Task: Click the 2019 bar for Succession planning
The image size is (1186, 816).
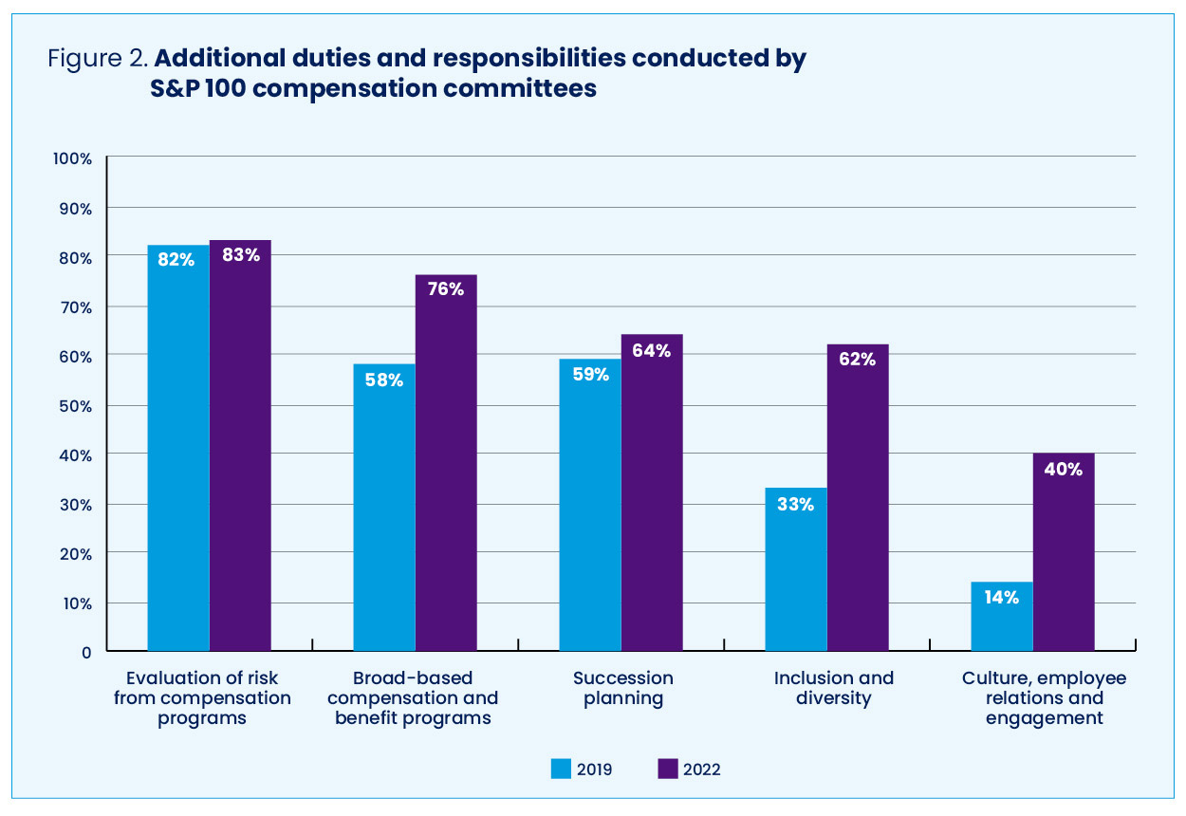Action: tap(589, 505)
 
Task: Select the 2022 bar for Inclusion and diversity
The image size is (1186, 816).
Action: tap(858, 497)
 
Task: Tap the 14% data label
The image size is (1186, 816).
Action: tap(1001, 598)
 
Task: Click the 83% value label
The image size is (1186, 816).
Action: tap(241, 254)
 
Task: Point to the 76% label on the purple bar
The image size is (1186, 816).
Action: tap(446, 289)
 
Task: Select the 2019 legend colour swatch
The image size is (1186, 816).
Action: tap(562, 769)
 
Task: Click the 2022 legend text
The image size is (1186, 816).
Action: tap(701, 770)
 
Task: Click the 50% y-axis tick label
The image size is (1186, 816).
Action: tap(75, 405)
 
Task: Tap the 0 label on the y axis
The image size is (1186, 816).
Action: tap(85, 652)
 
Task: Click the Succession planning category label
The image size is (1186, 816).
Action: tap(623, 689)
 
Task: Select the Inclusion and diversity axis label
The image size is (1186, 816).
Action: tap(833, 689)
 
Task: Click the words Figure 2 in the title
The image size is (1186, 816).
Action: tap(97, 58)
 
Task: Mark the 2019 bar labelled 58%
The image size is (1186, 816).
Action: tap(383, 508)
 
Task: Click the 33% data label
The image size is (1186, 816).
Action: tap(795, 505)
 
